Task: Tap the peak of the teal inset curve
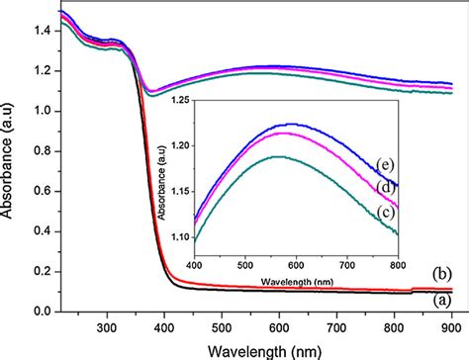tap(279, 156)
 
